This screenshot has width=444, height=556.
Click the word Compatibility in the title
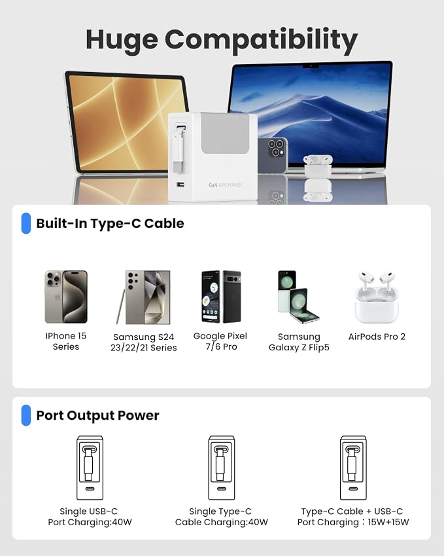[x=262, y=41]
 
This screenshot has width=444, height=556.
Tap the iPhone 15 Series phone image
[x=66, y=297]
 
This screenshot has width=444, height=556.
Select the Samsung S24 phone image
[x=143, y=297]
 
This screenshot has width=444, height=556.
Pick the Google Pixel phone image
[x=221, y=297]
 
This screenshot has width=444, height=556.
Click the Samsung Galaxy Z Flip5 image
[x=298, y=297]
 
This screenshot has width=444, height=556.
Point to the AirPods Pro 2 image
[x=377, y=297]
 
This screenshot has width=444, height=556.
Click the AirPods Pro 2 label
[x=377, y=337]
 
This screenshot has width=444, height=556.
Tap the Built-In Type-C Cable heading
[x=110, y=223]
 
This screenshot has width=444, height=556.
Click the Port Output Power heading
[x=97, y=415]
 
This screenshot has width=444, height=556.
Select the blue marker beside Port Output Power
[x=26, y=415]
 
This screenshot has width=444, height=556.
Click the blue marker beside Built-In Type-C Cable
[x=26, y=223]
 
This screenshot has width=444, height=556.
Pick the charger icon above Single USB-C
[x=90, y=468]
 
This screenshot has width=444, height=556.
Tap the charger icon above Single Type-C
[x=222, y=468]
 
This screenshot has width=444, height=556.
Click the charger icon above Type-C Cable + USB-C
[x=353, y=468]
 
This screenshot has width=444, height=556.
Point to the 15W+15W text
[x=388, y=522]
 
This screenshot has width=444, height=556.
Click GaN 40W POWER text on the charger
[x=225, y=185]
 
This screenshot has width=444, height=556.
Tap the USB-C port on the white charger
[x=180, y=185]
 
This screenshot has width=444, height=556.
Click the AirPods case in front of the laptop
[x=318, y=166]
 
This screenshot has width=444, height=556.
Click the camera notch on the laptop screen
[x=311, y=66]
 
